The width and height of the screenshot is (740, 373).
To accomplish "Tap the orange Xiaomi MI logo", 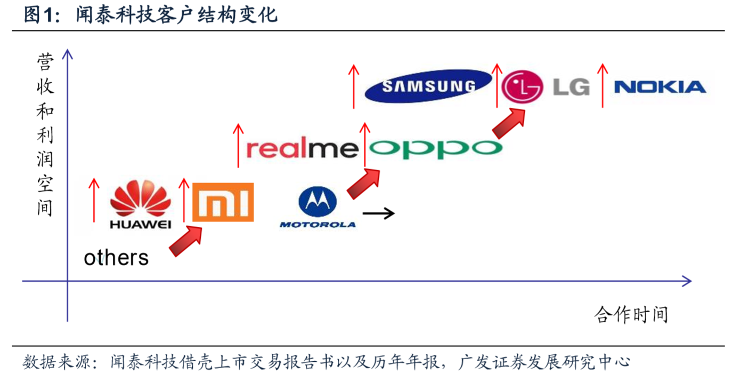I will click(223, 202).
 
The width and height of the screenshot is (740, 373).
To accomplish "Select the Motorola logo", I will click(318, 207).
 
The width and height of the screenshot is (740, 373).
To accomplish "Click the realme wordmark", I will click(302, 149).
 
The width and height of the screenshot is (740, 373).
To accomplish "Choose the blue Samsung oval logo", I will click(428, 86).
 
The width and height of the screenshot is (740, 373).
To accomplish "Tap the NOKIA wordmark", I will click(660, 87).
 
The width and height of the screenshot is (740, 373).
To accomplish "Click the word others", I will click(116, 258).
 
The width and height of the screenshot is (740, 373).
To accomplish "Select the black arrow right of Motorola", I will click(378, 213).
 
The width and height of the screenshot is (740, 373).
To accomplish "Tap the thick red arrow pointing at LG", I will click(510, 122).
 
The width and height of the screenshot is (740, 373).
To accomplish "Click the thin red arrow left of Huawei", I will click(94, 200).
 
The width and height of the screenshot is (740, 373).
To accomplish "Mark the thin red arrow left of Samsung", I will click(353, 86).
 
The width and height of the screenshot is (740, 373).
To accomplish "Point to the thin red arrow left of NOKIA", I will click(603, 85).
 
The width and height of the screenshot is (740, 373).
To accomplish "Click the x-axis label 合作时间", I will click(631, 314).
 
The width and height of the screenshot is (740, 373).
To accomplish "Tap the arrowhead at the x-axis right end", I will click(687, 281).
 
